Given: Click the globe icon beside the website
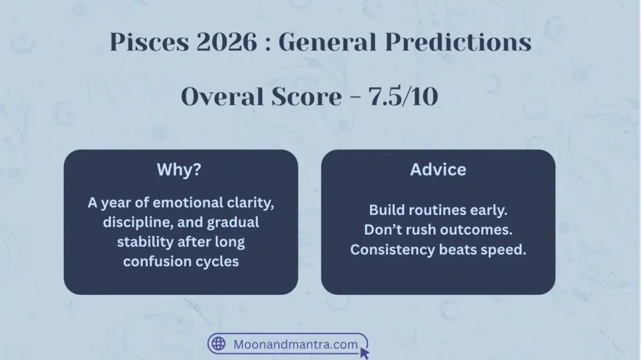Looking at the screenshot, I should click(x=218, y=343).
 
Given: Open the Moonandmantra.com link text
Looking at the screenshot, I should click(x=295, y=344).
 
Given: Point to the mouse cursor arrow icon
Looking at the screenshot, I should click(x=364, y=353).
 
